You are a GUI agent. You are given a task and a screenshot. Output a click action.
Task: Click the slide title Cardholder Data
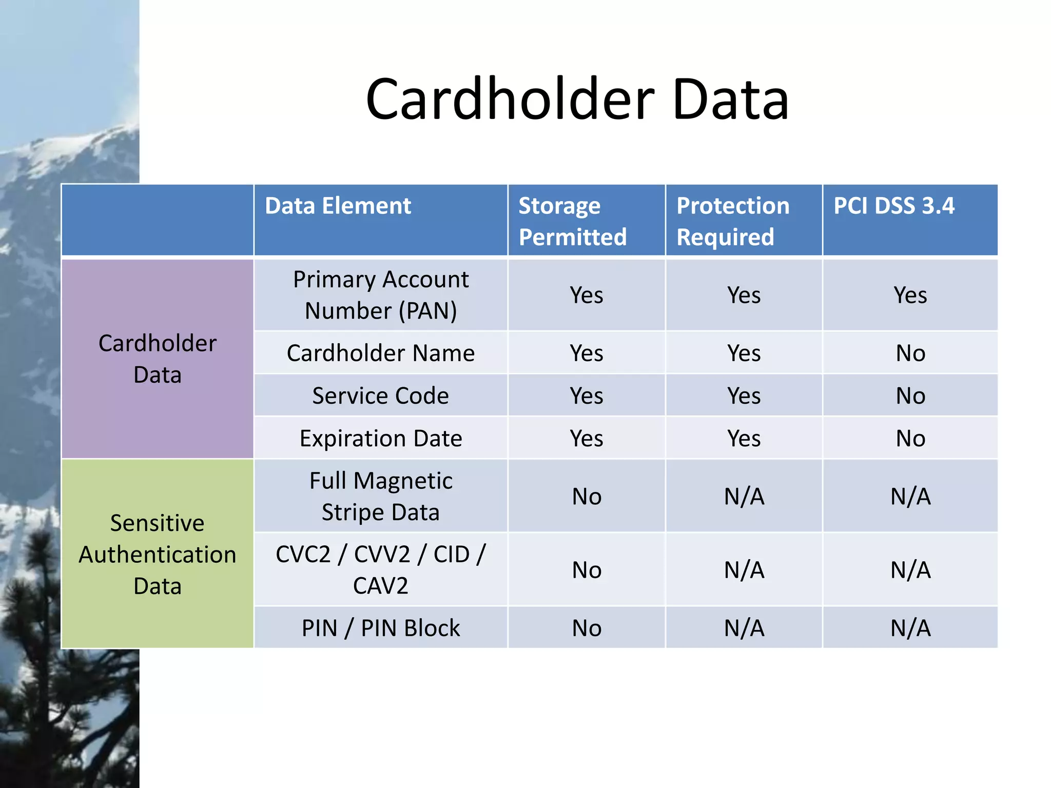(577, 99)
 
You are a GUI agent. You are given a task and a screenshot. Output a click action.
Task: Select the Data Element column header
(338, 206)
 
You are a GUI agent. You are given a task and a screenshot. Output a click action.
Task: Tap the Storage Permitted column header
(572, 221)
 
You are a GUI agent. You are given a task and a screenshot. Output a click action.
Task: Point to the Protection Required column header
(732, 221)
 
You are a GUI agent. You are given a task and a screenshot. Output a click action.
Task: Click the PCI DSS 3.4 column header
(893, 206)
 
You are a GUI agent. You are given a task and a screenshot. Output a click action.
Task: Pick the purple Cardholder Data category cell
(158, 359)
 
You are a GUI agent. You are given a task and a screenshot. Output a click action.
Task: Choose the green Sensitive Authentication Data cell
(158, 554)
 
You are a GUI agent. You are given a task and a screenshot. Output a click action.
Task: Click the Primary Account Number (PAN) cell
(381, 295)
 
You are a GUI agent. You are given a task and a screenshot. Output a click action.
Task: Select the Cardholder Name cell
(381, 353)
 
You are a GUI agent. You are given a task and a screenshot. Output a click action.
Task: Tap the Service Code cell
(381, 396)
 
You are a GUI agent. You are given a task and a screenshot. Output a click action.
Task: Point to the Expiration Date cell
(381, 439)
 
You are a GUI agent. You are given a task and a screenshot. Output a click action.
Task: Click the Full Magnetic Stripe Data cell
(381, 496)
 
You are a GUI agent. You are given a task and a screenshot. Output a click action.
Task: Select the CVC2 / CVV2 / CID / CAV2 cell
(381, 569)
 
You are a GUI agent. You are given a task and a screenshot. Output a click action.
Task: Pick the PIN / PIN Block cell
(381, 628)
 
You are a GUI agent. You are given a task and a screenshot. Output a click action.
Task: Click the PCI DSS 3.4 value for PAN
(910, 295)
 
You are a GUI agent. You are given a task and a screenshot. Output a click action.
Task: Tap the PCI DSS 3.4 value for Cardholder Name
(910, 353)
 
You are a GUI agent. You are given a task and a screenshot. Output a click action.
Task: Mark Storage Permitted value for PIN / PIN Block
(587, 628)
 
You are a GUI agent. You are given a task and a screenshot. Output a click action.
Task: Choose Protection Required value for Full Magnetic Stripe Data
(744, 496)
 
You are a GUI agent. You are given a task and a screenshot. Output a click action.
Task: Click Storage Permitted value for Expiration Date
(587, 439)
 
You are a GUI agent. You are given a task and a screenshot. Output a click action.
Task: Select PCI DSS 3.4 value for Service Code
(910, 396)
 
